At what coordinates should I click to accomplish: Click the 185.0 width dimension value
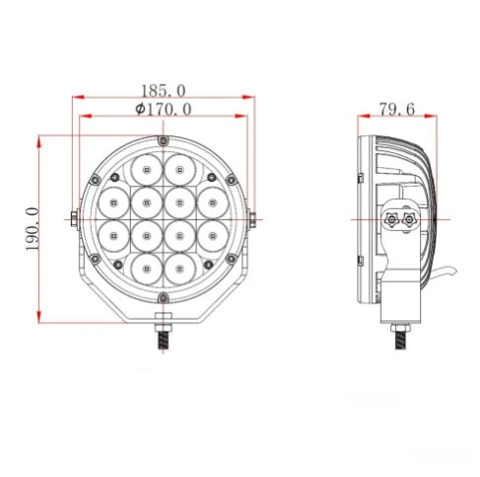coord(163,90)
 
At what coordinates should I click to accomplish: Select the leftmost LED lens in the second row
coord(114,202)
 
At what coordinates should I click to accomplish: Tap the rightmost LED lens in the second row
coord(212,202)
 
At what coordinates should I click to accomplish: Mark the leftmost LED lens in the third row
coord(114,235)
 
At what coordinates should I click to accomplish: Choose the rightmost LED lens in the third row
coord(212,235)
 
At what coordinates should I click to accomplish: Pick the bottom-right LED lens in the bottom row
coord(179,268)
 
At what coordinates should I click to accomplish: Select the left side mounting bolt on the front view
coord(75,218)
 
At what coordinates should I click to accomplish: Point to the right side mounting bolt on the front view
coord(252,218)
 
